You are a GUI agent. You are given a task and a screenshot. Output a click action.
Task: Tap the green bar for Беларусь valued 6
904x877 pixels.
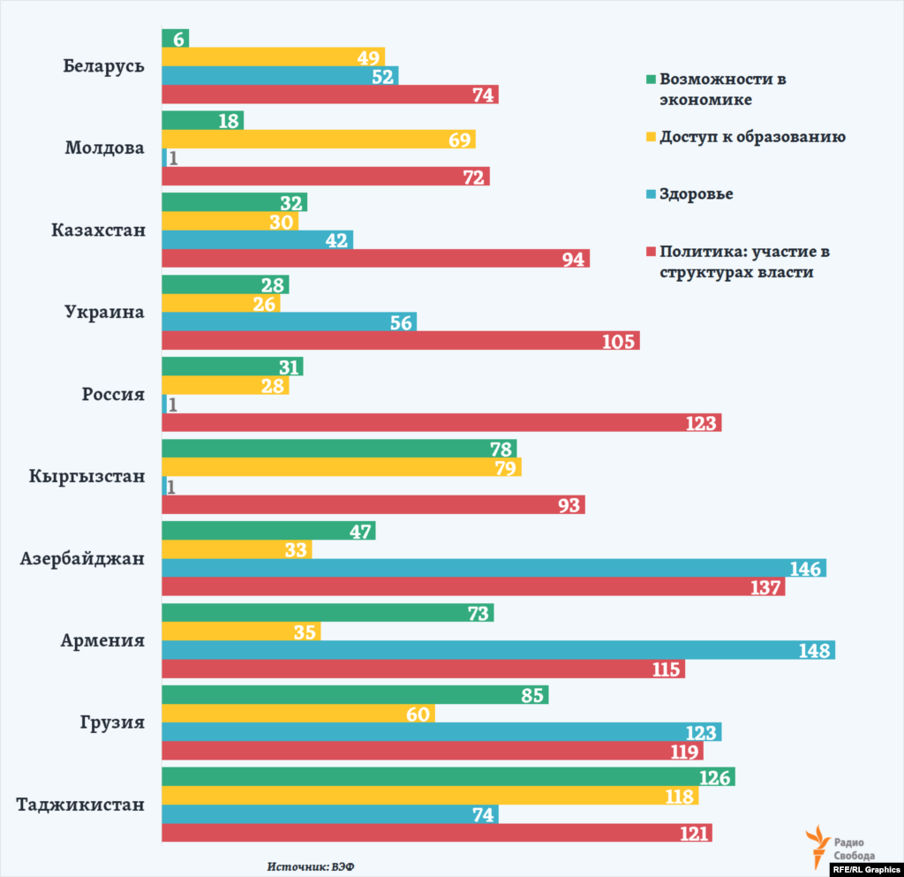pyautogui.click(x=175, y=37)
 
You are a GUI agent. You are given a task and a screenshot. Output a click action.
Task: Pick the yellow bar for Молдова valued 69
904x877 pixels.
pyautogui.click(x=318, y=139)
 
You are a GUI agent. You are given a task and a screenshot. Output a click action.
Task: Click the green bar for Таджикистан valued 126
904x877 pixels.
pyautogui.click(x=448, y=776)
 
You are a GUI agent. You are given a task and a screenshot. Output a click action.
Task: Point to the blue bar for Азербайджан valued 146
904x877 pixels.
pyautogui.click(x=493, y=569)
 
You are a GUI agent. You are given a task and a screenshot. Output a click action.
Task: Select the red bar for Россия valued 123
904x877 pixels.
pyautogui.click(x=441, y=423)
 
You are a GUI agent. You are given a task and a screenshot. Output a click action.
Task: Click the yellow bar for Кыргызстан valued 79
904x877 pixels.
pyautogui.click(x=342, y=467)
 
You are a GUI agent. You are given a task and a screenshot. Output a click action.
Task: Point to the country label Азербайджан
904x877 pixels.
pyautogui.click(x=83, y=559)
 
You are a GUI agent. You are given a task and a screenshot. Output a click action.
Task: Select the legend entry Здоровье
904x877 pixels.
pyautogui.click(x=696, y=193)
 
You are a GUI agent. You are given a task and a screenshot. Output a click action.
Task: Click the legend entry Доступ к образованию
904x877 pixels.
pyautogui.click(x=752, y=137)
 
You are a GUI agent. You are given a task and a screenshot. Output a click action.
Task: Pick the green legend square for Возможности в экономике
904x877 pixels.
pyautogui.click(x=652, y=79)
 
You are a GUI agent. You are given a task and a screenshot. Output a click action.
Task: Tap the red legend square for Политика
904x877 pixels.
pyautogui.click(x=652, y=253)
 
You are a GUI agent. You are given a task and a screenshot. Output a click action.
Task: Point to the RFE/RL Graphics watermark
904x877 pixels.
pyautogui.click(x=866, y=869)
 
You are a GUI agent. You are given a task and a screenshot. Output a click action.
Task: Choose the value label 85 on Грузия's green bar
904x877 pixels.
pyautogui.click(x=531, y=695)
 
